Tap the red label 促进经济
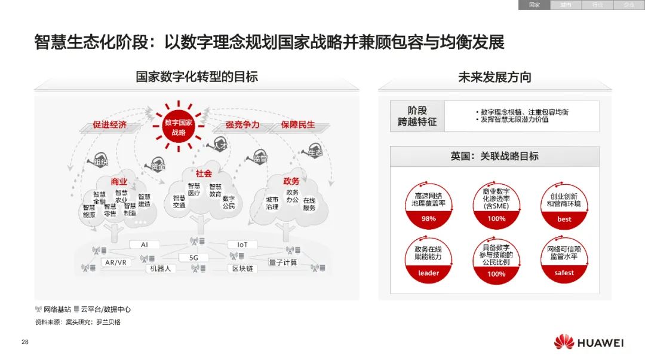(x=109, y=125)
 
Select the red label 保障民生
(x=298, y=125)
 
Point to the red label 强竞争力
(x=242, y=125)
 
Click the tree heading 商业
(x=119, y=181)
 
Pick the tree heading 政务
(x=291, y=181)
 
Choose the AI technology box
(x=145, y=245)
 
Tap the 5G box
(x=193, y=258)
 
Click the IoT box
(x=242, y=245)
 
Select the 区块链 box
(x=242, y=269)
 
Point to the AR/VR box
(x=115, y=263)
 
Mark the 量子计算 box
(x=282, y=263)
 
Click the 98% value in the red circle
(x=428, y=219)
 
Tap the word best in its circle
(x=564, y=219)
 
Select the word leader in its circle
(x=428, y=273)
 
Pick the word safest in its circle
(x=564, y=273)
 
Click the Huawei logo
(x=588, y=343)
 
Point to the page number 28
(x=24, y=342)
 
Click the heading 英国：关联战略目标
(x=494, y=156)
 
